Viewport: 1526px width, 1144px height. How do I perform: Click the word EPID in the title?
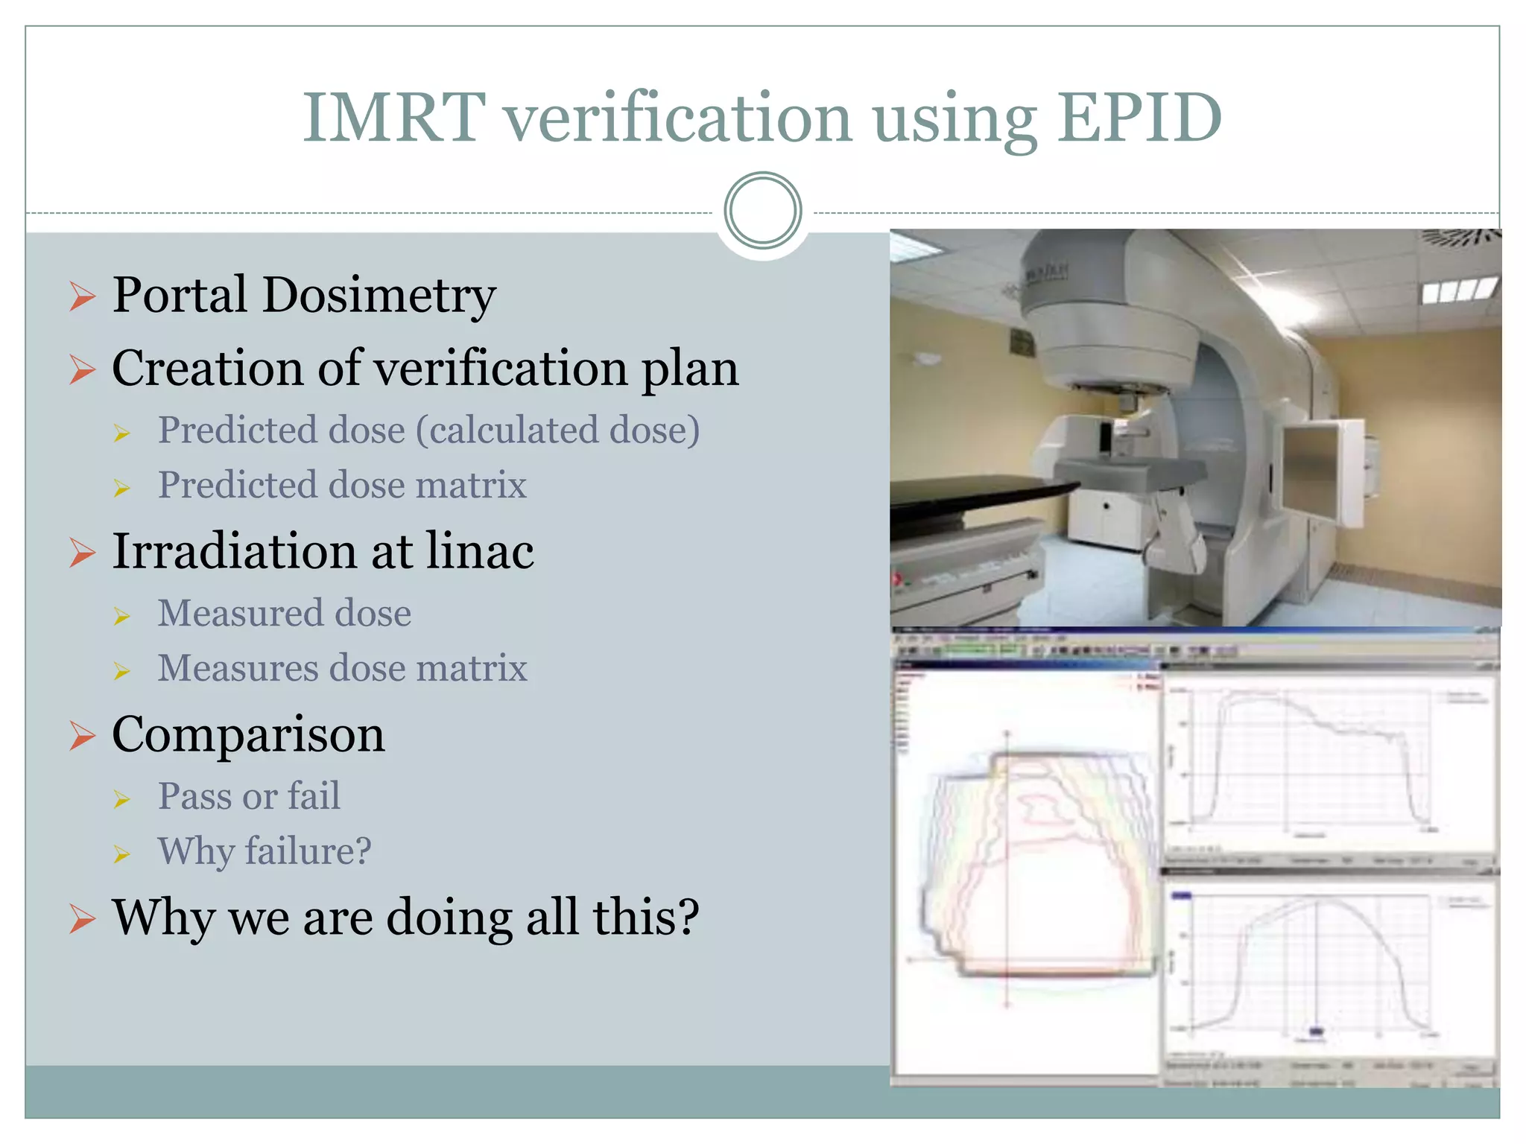(1139, 117)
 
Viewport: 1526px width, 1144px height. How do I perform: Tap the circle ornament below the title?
(762, 211)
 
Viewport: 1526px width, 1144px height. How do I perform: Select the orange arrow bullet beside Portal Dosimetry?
(82, 296)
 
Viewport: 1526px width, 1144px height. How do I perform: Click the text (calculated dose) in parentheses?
(558, 430)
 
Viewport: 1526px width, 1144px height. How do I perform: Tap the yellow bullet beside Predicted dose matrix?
(122, 488)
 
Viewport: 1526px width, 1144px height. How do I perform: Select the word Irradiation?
(234, 552)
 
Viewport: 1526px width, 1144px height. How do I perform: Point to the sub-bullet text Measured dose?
(284, 614)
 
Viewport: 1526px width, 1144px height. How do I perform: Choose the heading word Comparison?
(248, 735)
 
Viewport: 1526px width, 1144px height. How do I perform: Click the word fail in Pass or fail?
(314, 796)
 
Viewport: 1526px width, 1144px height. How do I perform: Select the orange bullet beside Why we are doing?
(82, 918)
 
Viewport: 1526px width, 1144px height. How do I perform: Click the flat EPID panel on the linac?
(1319, 469)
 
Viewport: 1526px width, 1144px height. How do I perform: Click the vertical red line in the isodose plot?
(1007, 879)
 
